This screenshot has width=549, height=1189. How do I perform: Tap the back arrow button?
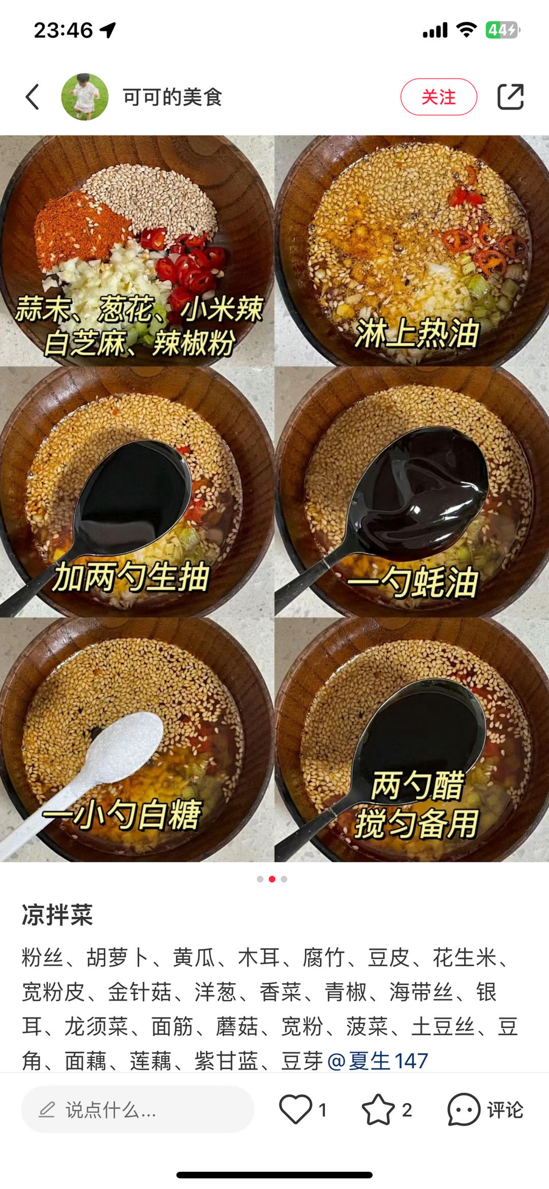coord(33,97)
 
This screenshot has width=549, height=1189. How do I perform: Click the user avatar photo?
coord(85,97)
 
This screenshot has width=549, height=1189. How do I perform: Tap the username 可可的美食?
coord(172,97)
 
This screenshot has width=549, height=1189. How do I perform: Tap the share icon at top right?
coord(510,97)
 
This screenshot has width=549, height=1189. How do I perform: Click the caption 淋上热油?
coord(417,333)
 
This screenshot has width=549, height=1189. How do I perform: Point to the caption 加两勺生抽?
coord(132,577)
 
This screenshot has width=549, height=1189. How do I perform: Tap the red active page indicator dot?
coord(272,879)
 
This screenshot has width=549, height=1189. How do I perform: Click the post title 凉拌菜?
coord(57,915)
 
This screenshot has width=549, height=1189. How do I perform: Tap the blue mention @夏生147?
coord(378,1061)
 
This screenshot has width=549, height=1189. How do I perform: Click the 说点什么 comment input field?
coord(138,1110)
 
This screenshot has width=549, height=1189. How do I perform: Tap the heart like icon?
coord(295,1109)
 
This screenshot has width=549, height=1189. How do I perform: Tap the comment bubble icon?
coord(464,1109)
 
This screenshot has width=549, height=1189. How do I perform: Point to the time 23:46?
coord(64,30)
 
